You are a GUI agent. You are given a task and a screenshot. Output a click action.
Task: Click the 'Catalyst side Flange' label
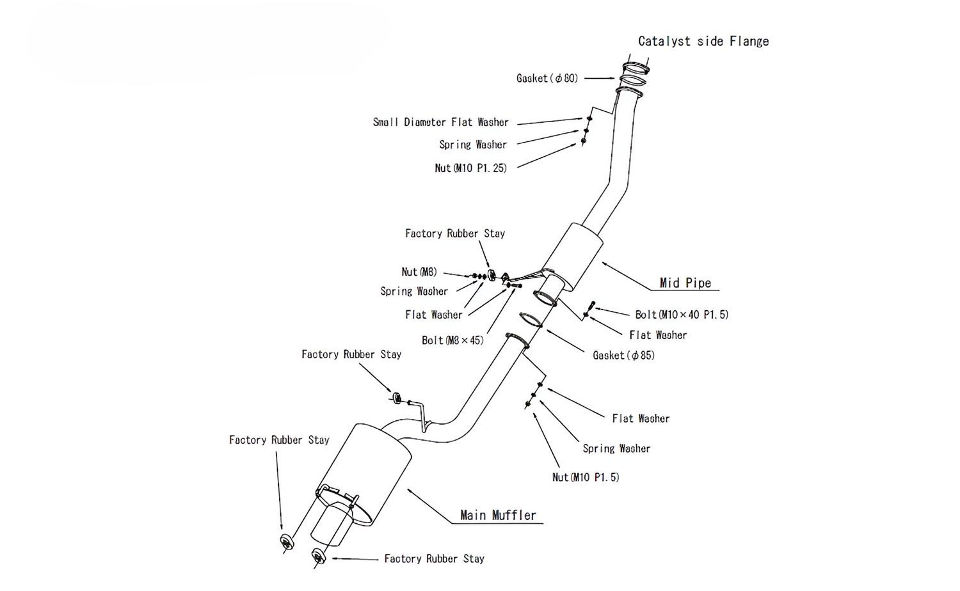tap(703, 42)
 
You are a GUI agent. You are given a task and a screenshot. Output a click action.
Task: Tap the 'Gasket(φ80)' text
tap(547, 78)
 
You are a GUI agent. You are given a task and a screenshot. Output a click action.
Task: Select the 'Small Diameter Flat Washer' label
tap(441, 122)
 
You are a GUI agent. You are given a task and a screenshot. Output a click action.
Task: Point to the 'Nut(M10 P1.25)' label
tap(470, 168)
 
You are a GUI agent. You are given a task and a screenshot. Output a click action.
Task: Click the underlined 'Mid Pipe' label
tap(685, 283)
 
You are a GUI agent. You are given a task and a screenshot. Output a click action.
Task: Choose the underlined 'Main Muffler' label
tap(498, 515)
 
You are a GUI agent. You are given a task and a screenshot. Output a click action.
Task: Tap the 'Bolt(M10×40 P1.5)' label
tap(682, 315)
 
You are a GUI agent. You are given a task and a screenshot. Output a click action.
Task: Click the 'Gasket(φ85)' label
tap(624, 355)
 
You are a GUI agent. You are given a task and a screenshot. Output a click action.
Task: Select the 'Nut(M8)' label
tap(419, 272)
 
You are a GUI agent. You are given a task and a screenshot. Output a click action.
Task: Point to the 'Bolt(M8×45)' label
tap(452, 340)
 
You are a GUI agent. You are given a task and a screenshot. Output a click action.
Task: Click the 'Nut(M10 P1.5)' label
tap(586, 477)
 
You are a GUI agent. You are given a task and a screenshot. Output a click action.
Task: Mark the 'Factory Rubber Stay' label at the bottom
tap(434, 559)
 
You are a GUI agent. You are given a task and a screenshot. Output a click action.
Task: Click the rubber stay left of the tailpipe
tap(286, 540)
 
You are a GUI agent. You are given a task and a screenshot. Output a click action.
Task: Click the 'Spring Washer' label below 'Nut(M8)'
tap(414, 292)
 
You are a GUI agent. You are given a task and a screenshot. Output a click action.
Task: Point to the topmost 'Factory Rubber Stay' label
tap(455, 233)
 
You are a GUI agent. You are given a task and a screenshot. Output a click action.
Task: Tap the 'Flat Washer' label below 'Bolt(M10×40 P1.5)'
tap(658, 335)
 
